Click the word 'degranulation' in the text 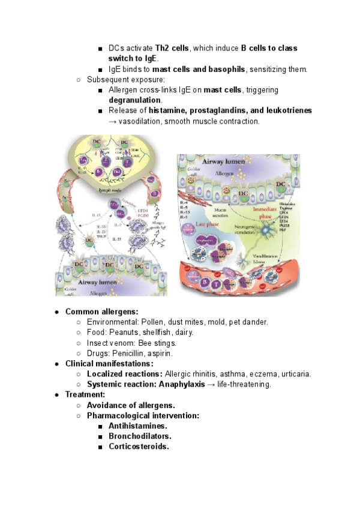coord(135,100)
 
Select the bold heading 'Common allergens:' coord(101,312)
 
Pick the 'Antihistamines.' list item coord(137,426)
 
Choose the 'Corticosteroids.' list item coord(139,447)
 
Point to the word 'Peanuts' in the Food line coord(129,332)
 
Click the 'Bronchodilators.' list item coord(140,436)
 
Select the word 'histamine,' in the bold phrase coord(170,111)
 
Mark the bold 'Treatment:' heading coord(85,394)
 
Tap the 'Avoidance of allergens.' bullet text coord(131,405)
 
